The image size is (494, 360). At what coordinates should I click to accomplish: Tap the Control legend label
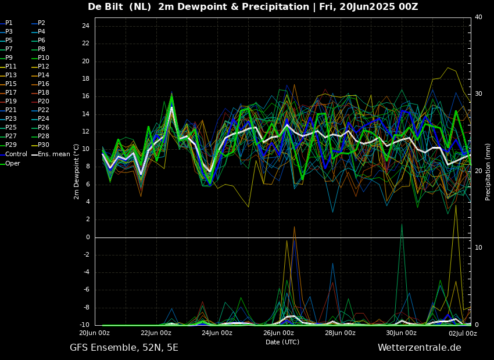(16, 154)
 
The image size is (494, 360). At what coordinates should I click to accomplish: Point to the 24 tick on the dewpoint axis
(85, 26)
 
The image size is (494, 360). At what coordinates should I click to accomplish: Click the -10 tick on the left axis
(84, 325)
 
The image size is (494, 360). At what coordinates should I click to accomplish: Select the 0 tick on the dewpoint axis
(88, 237)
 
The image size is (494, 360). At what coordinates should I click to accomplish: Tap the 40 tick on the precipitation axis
(478, 17)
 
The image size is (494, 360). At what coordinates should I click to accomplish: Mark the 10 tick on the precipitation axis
(478, 248)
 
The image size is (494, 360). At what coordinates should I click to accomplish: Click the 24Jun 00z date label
(217, 333)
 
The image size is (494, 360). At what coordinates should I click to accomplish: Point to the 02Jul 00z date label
(463, 333)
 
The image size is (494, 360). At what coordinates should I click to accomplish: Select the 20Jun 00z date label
(95, 333)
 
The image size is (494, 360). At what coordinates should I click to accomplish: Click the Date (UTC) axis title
(282, 342)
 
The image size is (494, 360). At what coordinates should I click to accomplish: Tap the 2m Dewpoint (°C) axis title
(76, 172)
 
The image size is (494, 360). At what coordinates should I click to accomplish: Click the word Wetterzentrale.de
(420, 348)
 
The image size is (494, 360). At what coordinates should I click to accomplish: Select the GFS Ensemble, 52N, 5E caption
(124, 348)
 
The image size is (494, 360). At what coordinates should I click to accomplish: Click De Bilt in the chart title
(105, 6)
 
